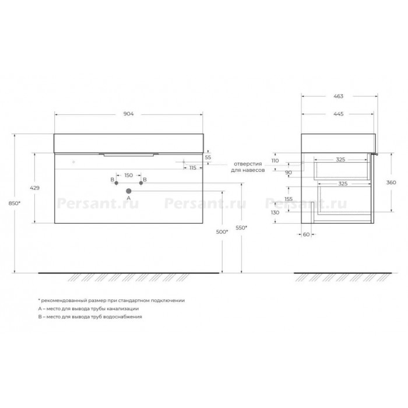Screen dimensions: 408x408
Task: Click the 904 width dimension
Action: pyautogui.click(x=129, y=114)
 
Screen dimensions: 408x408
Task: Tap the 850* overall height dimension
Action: pyautogui.click(x=15, y=203)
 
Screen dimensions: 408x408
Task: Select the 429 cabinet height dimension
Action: pyautogui.click(x=34, y=188)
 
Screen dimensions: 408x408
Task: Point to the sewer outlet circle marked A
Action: pyautogui.click(x=129, y=191)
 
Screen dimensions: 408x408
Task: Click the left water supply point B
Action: pyautogui.click(x=117, y=183)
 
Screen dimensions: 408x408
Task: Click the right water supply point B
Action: pyautogui.click(x=141, y=183)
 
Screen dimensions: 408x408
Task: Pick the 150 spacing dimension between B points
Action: pyautogui.click(x=129, y=175)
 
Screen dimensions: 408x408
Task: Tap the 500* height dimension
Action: pyautogui.click(x=222, y=232)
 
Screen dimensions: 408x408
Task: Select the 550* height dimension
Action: pyautogui.click(x=241, y=228)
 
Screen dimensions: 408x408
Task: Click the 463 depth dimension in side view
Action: pyautogui.click(x=338, y=96)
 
